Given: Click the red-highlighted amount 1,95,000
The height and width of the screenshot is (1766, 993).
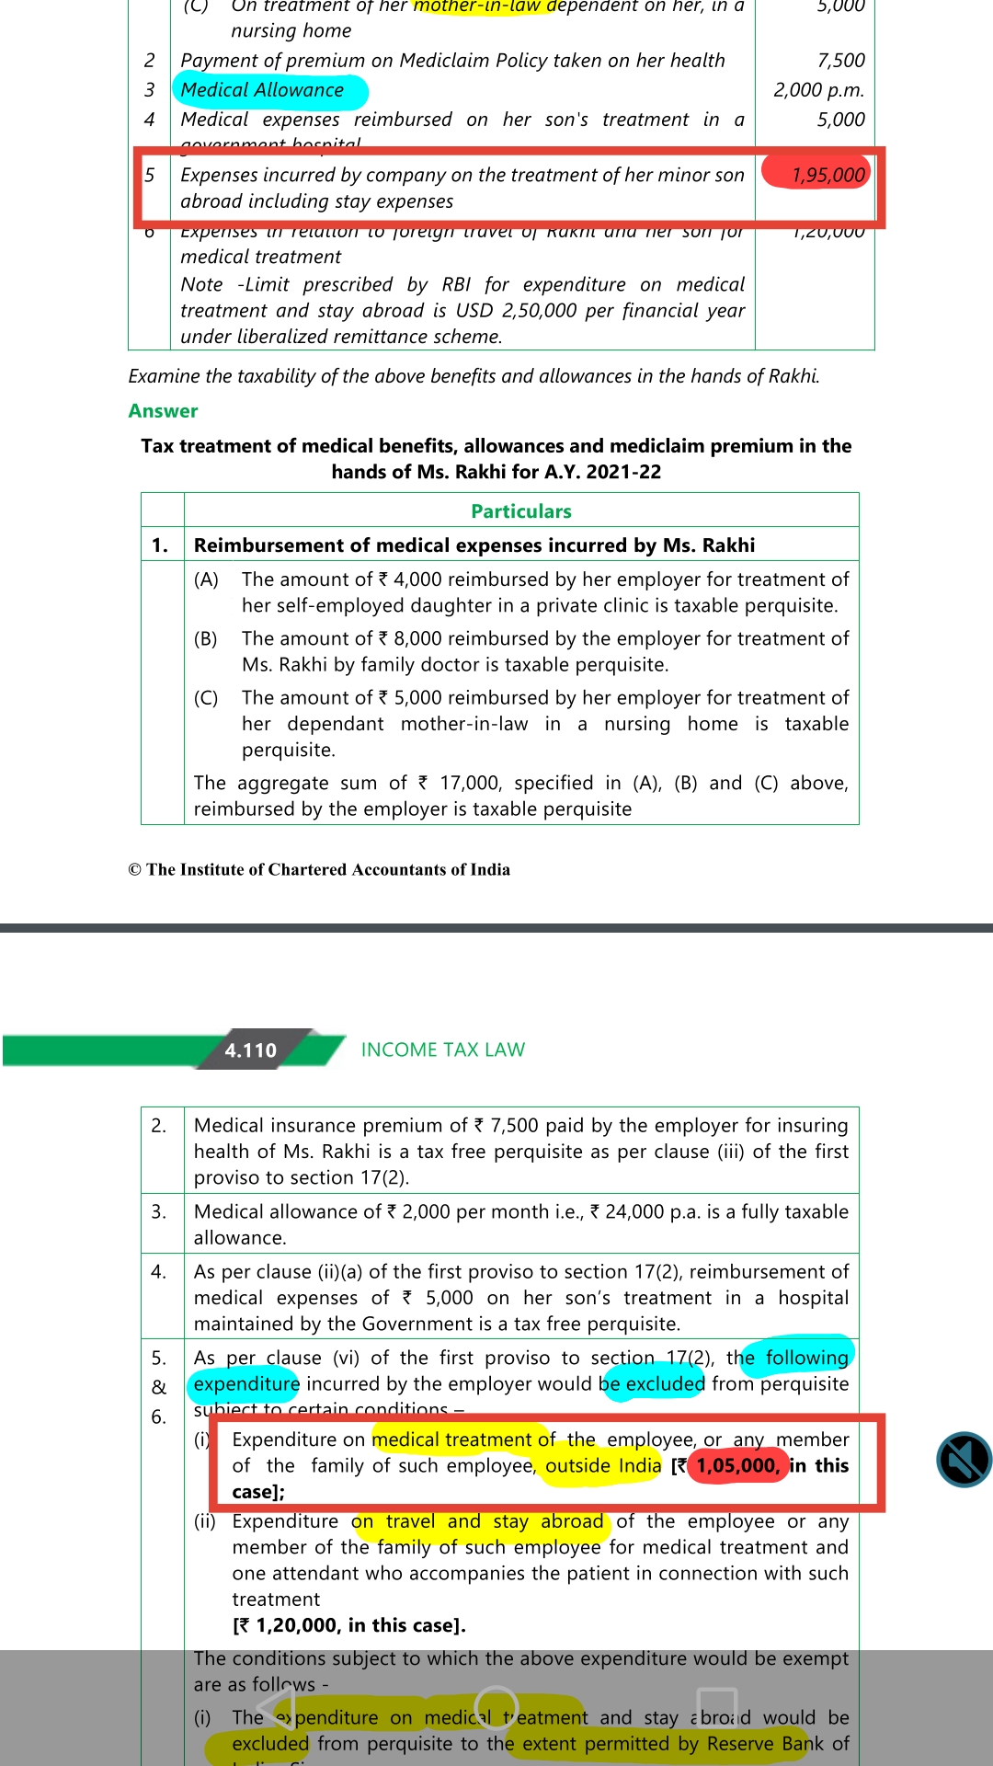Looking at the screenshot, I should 827,175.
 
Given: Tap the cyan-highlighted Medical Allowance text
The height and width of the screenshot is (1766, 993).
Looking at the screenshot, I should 262,90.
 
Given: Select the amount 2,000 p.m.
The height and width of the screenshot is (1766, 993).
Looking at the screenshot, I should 818,90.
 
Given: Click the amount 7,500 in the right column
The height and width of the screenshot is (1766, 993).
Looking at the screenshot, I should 840,61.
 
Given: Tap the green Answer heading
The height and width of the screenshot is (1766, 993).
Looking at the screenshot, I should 163,411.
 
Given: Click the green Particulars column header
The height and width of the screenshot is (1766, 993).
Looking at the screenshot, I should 520,511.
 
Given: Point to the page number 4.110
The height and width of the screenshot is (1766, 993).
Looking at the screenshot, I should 250,1050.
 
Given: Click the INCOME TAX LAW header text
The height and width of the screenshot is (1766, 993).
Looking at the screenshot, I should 442,1050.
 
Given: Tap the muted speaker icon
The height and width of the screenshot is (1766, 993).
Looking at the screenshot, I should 964,1460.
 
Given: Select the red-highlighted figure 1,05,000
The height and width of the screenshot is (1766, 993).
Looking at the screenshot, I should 737,1465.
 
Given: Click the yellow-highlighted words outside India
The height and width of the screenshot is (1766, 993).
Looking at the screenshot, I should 603,1465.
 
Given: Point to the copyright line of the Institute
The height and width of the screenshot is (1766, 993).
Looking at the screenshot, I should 319,870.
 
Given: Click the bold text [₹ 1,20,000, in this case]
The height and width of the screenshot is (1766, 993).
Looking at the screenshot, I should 348,1625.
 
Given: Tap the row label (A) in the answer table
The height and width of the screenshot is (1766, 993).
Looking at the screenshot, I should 206,579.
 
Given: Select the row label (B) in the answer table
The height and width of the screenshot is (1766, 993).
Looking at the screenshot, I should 206,638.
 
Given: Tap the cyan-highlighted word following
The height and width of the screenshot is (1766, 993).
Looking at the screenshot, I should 806,1358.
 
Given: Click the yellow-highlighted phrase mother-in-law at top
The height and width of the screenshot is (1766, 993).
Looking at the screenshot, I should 478,6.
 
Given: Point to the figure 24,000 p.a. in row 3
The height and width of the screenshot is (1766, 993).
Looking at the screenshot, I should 644,1211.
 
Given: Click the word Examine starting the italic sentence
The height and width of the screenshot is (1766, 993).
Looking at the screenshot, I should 164,376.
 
